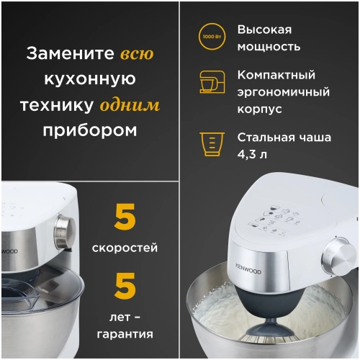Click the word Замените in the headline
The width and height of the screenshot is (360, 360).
point(70,54)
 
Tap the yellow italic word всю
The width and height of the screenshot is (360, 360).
point(136,54)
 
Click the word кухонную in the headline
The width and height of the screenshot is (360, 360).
point(89,80)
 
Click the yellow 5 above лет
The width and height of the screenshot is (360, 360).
point(125,286)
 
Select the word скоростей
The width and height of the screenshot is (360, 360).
point(125,248)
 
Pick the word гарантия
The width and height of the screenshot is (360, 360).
point(125,333)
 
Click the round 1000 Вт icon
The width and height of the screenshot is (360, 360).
point(212,36)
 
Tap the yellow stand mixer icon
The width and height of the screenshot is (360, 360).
point(212,82)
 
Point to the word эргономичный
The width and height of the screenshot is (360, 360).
point(284,92)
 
